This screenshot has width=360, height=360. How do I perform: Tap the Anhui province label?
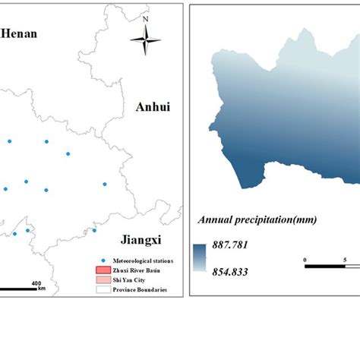[152, 107]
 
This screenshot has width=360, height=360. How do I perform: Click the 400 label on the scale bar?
[35, 283]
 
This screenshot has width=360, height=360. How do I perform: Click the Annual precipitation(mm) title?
[257, 220]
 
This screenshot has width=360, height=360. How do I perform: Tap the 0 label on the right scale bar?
[305, 260]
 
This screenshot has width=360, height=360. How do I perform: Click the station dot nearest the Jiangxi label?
[94, 230]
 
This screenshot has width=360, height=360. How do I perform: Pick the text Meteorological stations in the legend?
[138, 261]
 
